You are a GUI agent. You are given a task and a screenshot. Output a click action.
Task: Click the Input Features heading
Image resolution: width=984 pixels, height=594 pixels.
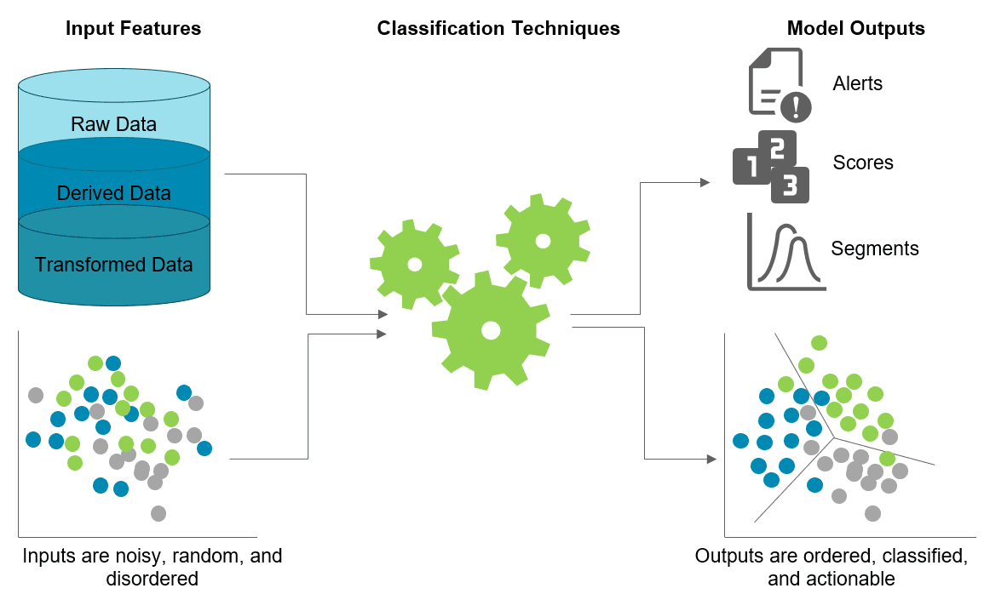(133, 28)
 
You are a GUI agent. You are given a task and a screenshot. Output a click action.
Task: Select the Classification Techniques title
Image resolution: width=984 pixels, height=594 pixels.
(498, 28)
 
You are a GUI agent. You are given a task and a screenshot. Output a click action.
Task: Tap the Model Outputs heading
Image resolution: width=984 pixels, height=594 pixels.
(855, 28)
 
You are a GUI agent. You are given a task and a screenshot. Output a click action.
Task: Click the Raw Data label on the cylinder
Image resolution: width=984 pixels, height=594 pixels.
(113, 124)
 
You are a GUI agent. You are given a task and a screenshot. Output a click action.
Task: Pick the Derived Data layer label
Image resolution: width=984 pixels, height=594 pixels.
(113, 193)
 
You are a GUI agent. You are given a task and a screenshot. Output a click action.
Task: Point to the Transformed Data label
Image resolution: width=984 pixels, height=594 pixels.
(113, 265)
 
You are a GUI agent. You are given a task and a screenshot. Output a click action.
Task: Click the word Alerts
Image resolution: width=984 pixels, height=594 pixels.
(857, 83)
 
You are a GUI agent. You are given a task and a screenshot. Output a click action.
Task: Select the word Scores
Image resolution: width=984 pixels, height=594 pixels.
(863, 163)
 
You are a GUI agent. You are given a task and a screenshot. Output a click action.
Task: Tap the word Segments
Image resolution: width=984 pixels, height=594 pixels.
(875, 248)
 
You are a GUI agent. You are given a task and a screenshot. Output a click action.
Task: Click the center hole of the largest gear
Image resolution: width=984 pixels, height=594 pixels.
(490, 328)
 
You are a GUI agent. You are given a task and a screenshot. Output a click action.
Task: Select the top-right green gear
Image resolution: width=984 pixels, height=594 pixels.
(543, 240)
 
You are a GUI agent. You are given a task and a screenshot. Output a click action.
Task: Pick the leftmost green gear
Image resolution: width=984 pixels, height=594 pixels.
(414, 264)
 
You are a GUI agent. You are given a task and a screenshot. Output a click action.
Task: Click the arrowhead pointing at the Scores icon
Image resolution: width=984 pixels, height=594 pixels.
(705, 181)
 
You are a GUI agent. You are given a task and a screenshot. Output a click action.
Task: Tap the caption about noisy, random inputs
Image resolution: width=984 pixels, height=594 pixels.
(152, 567)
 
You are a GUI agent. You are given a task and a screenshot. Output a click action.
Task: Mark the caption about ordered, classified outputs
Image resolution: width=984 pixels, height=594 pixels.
(831, 567)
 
